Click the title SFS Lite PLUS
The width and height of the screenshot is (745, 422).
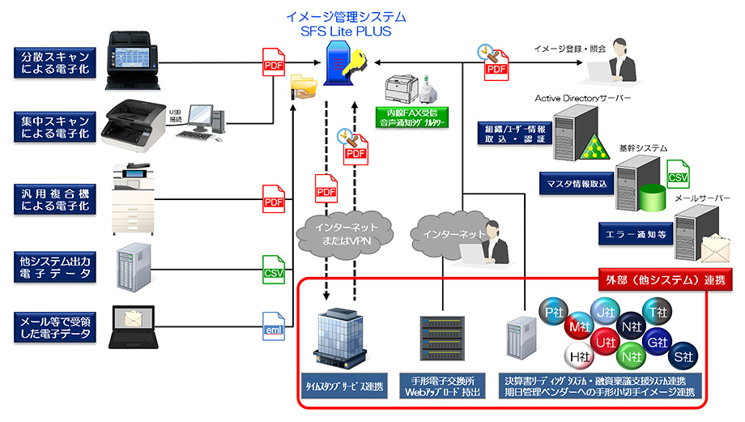pos(346,31)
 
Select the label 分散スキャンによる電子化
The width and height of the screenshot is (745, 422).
pos(54,62)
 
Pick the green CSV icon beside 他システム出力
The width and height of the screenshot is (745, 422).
pos(274,269)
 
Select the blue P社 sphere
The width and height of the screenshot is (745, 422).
pos(555,312)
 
